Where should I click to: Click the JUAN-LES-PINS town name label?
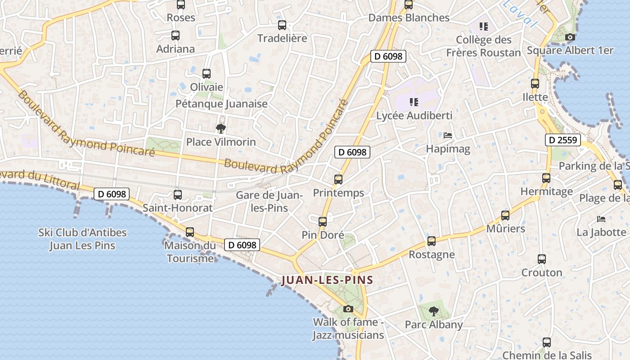327,280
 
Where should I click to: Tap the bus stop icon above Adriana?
175,36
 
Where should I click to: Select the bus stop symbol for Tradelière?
282,25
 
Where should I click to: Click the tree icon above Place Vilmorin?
220,129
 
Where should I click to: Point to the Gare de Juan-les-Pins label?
269,201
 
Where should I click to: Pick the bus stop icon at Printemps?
338,180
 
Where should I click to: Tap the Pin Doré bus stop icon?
323,221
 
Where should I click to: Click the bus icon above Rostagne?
432,241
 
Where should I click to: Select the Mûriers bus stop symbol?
505,216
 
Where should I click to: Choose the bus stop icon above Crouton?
542,259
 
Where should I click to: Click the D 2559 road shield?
563,140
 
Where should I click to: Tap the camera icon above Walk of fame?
348,309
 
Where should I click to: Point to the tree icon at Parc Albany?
433,311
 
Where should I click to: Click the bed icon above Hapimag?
448,135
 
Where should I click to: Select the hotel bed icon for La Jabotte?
601,219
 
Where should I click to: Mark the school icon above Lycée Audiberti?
414,102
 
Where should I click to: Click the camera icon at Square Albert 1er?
570,37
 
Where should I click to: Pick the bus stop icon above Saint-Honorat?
178,195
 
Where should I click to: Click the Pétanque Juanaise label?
221,104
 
